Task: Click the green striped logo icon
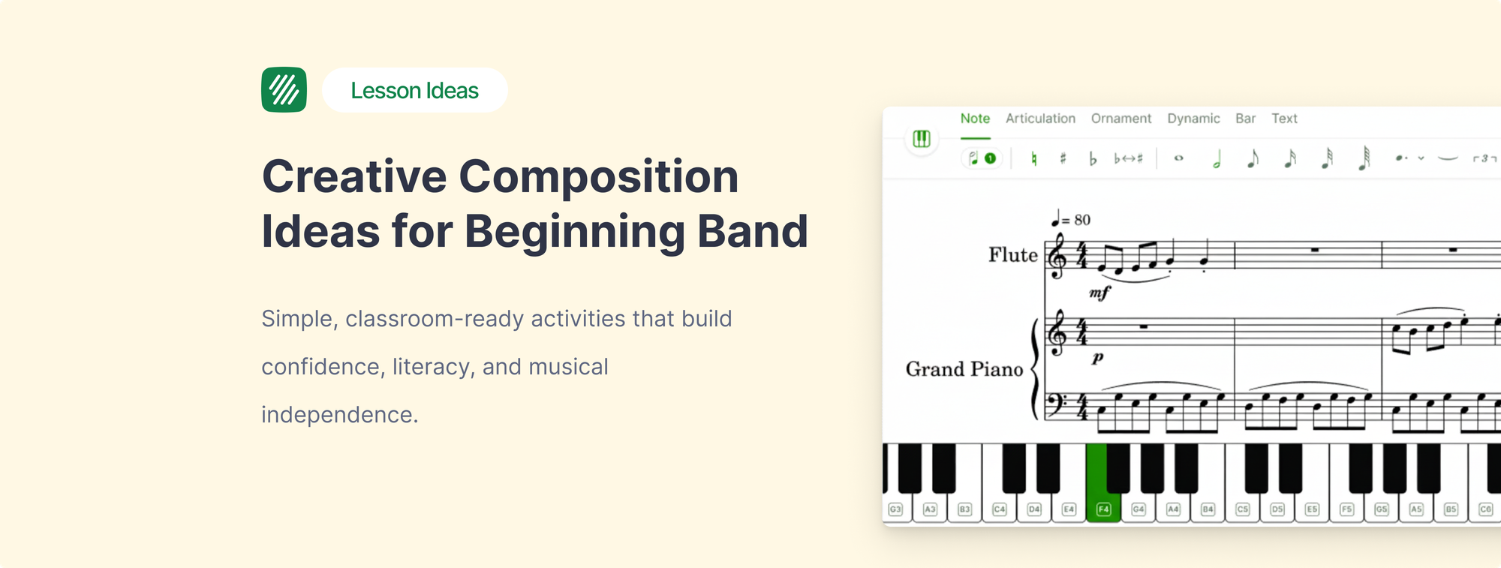point(284,90)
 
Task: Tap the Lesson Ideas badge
point(414,90)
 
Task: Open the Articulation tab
point(1040,119)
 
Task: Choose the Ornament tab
point(1120,119)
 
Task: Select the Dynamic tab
point(1193,119)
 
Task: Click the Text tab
point(1284,119)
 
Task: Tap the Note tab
point(975,119)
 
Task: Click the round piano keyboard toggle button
point(922,139)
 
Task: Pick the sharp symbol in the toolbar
point(1063,158)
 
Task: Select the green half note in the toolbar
point(1217,159)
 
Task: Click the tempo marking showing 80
point(1072,220)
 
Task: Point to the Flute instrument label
point(1012,255)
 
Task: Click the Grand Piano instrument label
point(964,369)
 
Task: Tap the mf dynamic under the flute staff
point(1099,293)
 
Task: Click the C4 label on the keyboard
point(1000,509)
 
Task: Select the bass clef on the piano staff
point(1057,405)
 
